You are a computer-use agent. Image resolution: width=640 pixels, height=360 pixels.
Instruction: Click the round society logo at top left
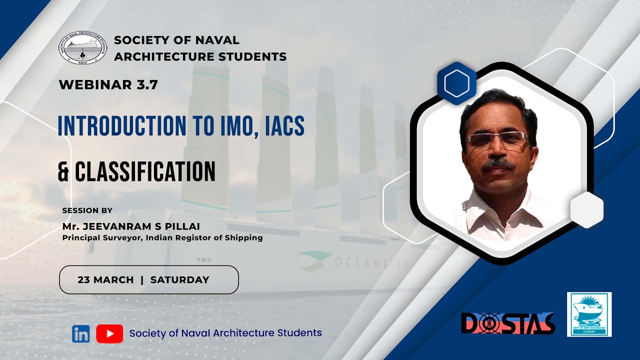point(82,47)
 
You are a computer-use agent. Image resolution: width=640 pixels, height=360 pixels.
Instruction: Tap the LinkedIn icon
point(80,333)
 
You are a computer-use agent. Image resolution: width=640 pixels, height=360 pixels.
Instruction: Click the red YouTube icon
point(109,333)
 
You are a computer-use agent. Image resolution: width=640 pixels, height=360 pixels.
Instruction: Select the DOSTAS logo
point(507,323)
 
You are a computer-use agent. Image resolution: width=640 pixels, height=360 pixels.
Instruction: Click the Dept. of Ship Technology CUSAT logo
point(589,314)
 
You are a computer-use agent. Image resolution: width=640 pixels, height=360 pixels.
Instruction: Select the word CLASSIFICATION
point(145,171)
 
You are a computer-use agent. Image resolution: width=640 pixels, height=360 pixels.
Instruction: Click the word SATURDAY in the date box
point(179,280)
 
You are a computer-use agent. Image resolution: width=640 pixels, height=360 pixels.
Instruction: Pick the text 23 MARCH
point(105,280)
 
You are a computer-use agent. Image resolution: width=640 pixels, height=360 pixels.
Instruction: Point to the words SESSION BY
point(87,210)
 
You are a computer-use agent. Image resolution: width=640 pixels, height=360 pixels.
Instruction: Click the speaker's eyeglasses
point(496,139)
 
